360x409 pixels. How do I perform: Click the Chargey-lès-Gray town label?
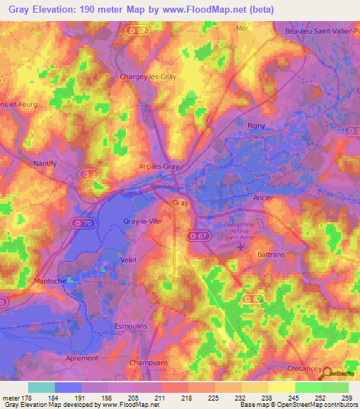(x=148, y=77)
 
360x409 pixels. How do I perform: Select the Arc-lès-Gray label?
(x=159, y=167)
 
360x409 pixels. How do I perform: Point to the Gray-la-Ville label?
(x=143, y=221)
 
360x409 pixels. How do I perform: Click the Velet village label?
(x=129, y=259)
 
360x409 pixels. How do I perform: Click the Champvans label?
(x=147, y=363)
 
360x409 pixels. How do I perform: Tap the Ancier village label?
(x=262, y=197)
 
